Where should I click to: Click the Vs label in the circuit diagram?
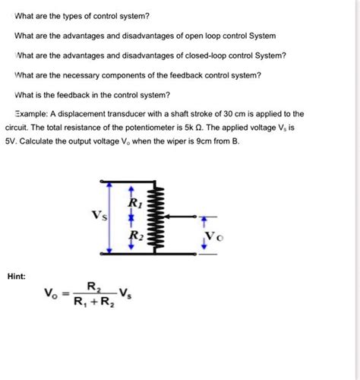coord(99,215)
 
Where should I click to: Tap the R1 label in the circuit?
coord(134,203)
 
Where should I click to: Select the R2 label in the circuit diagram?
coord(134,236)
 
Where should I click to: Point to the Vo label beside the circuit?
coord(215,236)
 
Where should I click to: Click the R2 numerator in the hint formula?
coord(93,287)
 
